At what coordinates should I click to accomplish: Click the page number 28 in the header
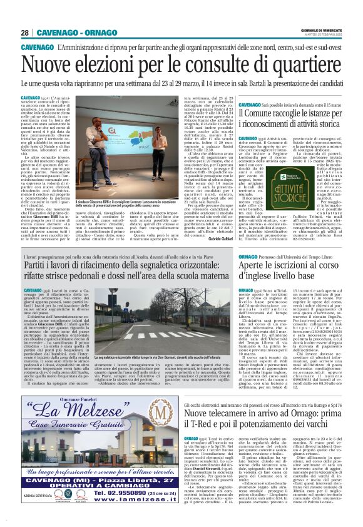coord(25,33)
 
